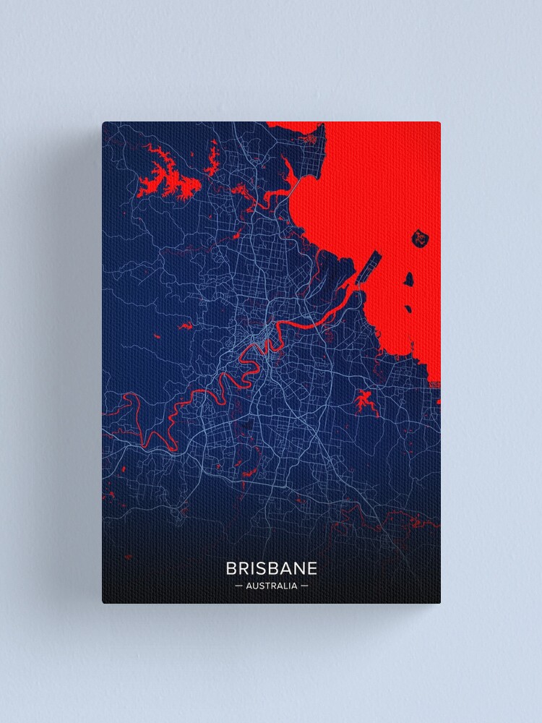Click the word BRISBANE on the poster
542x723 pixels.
(x=271, y=568)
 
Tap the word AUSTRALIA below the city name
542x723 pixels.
(x=271, y=586)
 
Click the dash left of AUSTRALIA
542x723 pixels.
(x=238, y=586)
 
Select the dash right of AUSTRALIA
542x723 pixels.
(x=304, y=586)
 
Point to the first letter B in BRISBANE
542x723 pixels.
(x=231, y=568)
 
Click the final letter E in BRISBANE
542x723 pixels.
(x=311, y=568)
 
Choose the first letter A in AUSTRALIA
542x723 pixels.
(x=249, y=586)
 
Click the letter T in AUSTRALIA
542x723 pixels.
(x=265, y=586)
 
